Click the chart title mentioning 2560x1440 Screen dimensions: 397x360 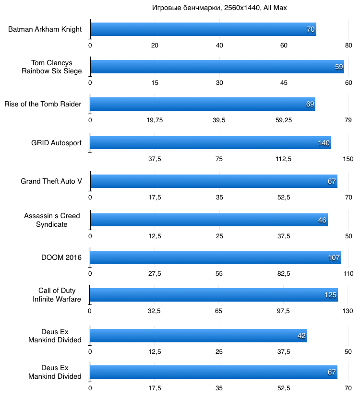click(x=219, y=8)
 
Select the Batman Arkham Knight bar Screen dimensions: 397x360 click(x=203, y=29)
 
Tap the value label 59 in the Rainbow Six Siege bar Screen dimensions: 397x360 click(x=339, y=67)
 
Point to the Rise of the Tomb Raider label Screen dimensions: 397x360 click(x=43, y=104)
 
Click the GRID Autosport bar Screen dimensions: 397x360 click(x=210, y=143)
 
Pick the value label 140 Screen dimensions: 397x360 click(x=324, y=143)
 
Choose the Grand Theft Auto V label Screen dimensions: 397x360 click(x=51, y=181)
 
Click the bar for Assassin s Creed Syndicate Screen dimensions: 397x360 click(x=209, y=220)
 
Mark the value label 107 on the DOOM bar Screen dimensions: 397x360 click(x=334, y=257)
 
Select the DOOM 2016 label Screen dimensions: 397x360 click(x=61, y=257)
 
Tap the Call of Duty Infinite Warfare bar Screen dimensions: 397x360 click(x=214, y=295)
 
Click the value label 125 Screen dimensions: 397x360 click(x=330, y=295)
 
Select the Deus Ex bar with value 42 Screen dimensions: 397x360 click(x=198, y=336)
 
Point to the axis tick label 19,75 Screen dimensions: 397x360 click(x=155, y=120)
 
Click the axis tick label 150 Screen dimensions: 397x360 click(x=348, y=159)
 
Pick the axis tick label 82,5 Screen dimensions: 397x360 click(x=284, y=273)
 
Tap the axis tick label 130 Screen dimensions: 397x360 click(x=348, y=311)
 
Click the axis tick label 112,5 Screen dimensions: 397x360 click(x=284, y=159)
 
